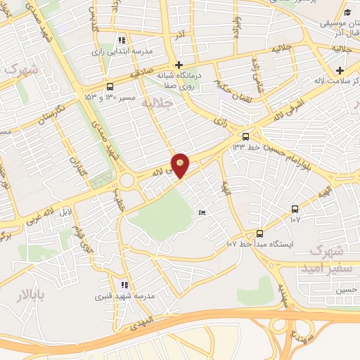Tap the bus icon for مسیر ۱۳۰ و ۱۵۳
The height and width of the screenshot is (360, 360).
pyautogui.click(x=109, y=87)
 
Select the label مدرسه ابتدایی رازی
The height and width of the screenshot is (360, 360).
pyautogui.click(x=121, y=51)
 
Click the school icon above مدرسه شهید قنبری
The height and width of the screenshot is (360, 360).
pyautogui.click(x=124, y=285)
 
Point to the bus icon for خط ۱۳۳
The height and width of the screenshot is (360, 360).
pyautogui.click(x=245, y=136)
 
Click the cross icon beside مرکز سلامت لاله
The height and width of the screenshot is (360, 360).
pyautogui.click(x=340, y=70)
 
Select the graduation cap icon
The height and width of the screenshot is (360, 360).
pyautogui.click(x=348, y=13)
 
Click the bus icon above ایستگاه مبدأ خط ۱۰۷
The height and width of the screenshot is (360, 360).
pyautogui.click(x=259, y=233)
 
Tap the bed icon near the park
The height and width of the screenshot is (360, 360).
pyautogui.click(x=202, y=212)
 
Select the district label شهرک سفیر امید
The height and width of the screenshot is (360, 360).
pyautogui.click(x=324, y=259)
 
